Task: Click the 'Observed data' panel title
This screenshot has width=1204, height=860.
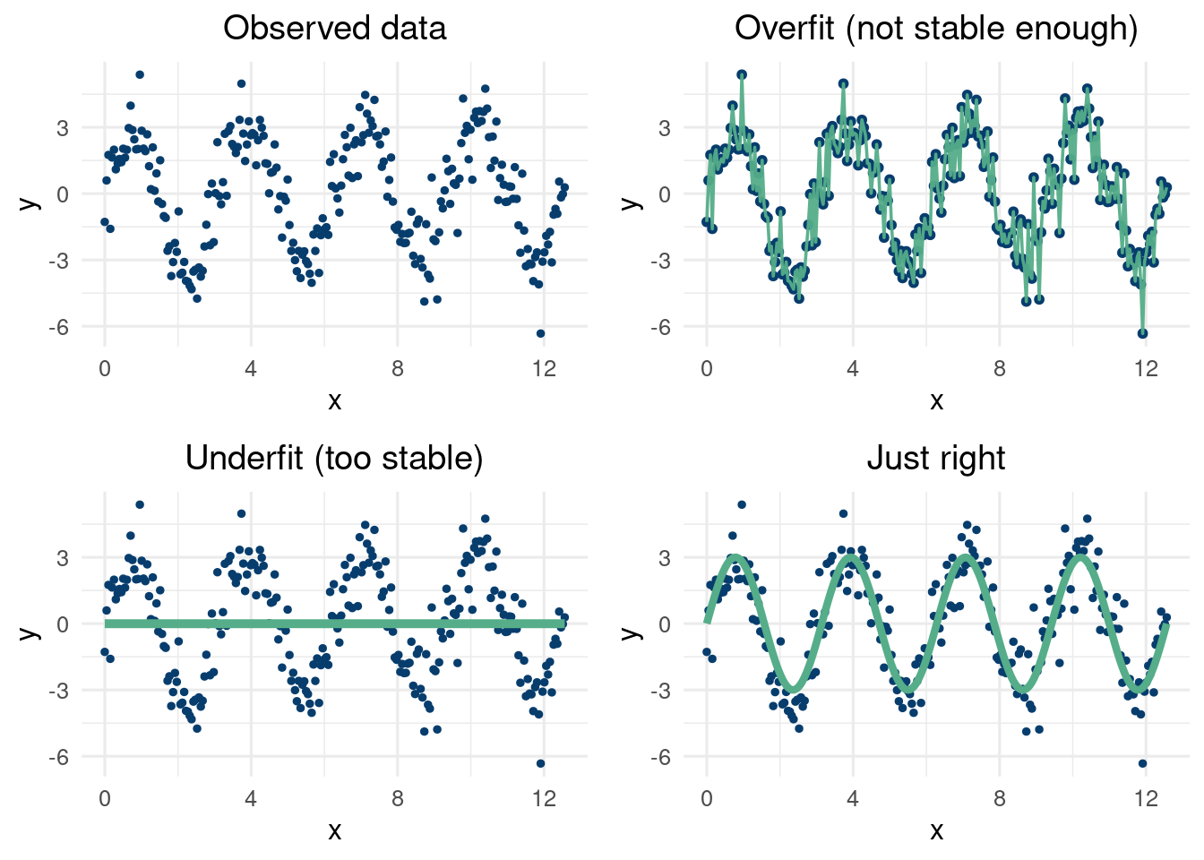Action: click(x=334, y=29)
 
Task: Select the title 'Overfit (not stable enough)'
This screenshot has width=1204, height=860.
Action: click(x=936, y=29)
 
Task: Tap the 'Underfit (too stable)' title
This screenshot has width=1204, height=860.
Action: click(x=334, y=459)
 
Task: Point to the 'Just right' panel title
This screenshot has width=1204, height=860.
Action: click(x=936, y=459)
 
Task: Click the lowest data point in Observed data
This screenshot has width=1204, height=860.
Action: click(x=540, y=333)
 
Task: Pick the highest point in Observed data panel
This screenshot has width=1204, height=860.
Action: click(x=140, y=74)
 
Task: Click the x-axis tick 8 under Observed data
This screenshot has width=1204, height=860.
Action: click(x=397, y=369)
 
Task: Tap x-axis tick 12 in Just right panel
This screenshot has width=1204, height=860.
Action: click(x=1146, y=799)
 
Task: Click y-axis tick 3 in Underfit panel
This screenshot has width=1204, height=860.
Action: click(x=62, y=558)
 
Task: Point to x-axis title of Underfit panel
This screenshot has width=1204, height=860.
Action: click(x=334, y=831)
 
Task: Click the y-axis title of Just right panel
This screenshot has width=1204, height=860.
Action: click(x=632, y=632)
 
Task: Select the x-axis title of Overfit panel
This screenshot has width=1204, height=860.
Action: click(x=936, y=401)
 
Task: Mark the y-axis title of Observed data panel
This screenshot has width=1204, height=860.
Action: click(x=30, y=202)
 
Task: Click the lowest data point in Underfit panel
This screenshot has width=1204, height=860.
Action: click(x=540, y=763)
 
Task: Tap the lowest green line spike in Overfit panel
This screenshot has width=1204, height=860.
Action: click(x=1142, y=333)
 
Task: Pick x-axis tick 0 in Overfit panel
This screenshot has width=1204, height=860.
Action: click(x=707, y=369)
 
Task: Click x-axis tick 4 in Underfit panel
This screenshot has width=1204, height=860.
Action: click(x=251, y=799)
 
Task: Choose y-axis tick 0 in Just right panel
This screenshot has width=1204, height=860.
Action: click(x=664, y=624)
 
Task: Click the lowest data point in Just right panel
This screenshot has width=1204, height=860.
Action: click(x=1142, y=763)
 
